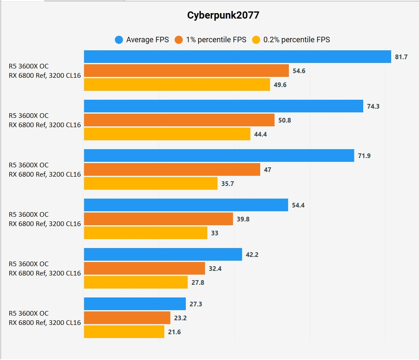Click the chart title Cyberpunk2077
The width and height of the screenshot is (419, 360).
223,16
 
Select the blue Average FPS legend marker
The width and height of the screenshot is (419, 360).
119,40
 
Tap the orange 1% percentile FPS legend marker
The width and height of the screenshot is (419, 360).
179,40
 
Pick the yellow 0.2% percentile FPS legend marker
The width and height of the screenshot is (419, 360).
256,40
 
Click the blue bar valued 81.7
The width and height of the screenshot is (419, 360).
237,57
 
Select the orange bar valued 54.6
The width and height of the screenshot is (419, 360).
186,71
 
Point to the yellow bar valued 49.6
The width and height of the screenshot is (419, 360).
177,85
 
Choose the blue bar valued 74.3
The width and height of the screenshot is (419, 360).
223,106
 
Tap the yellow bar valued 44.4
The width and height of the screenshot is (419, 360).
167,134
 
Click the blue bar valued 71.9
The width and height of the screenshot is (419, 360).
219,155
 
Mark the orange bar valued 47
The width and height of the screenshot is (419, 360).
172,169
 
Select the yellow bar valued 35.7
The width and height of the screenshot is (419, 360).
151,183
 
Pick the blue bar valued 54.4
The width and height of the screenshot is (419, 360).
186,205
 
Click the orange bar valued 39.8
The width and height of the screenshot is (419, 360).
158,219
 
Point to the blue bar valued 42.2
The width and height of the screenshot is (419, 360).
163,254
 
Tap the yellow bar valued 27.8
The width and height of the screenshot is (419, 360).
136,282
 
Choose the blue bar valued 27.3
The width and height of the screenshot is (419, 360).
135,304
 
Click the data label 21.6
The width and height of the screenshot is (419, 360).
174,332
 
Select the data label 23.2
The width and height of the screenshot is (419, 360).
180,318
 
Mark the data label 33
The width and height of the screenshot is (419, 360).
215,233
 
